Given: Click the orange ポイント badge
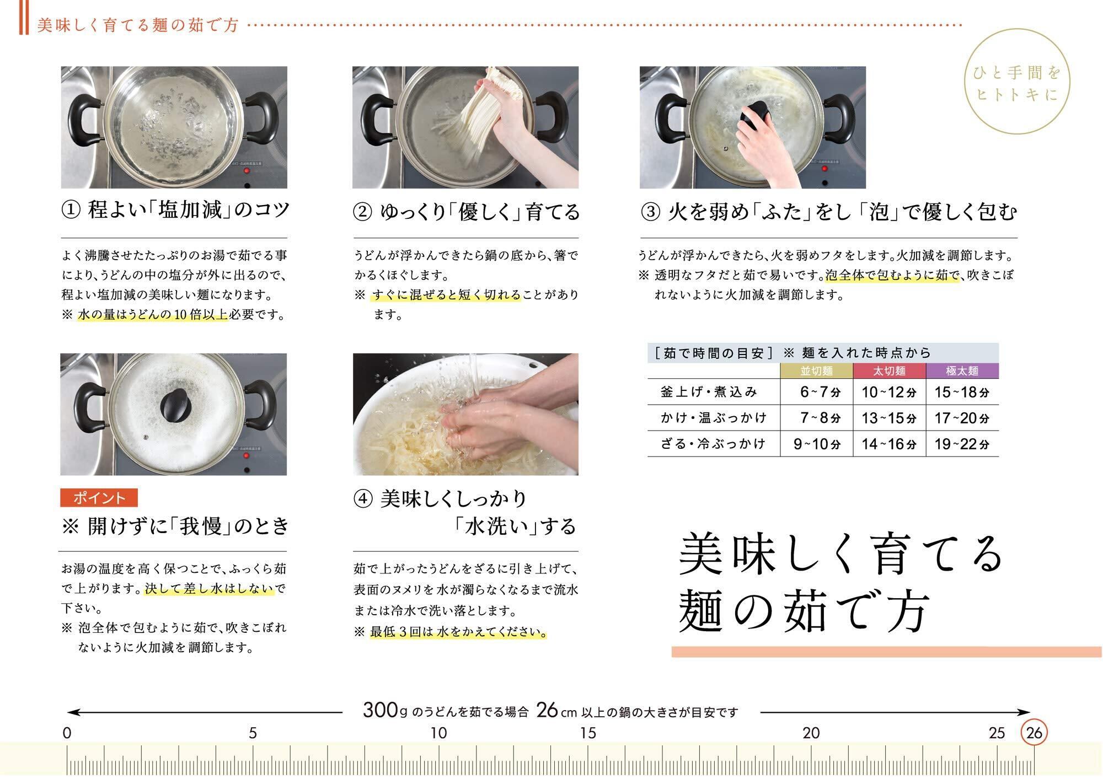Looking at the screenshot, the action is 99,498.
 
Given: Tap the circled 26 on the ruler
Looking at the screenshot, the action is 1034,733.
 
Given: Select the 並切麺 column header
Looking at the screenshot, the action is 817,371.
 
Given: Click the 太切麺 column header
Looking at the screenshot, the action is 890,371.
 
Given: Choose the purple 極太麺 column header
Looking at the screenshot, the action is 962,371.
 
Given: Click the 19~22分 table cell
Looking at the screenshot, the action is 962,444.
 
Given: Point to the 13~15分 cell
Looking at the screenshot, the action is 889,418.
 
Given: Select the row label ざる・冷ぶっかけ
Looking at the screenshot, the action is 713,444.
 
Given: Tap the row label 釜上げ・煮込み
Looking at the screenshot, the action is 709,392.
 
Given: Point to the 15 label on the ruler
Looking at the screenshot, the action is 588,733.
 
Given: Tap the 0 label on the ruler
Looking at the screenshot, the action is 67,733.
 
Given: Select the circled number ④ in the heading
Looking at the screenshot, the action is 362,499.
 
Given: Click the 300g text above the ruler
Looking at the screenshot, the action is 381,710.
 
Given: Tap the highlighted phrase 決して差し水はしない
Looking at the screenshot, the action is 210,588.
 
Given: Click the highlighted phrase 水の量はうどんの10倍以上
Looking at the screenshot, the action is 153,315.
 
